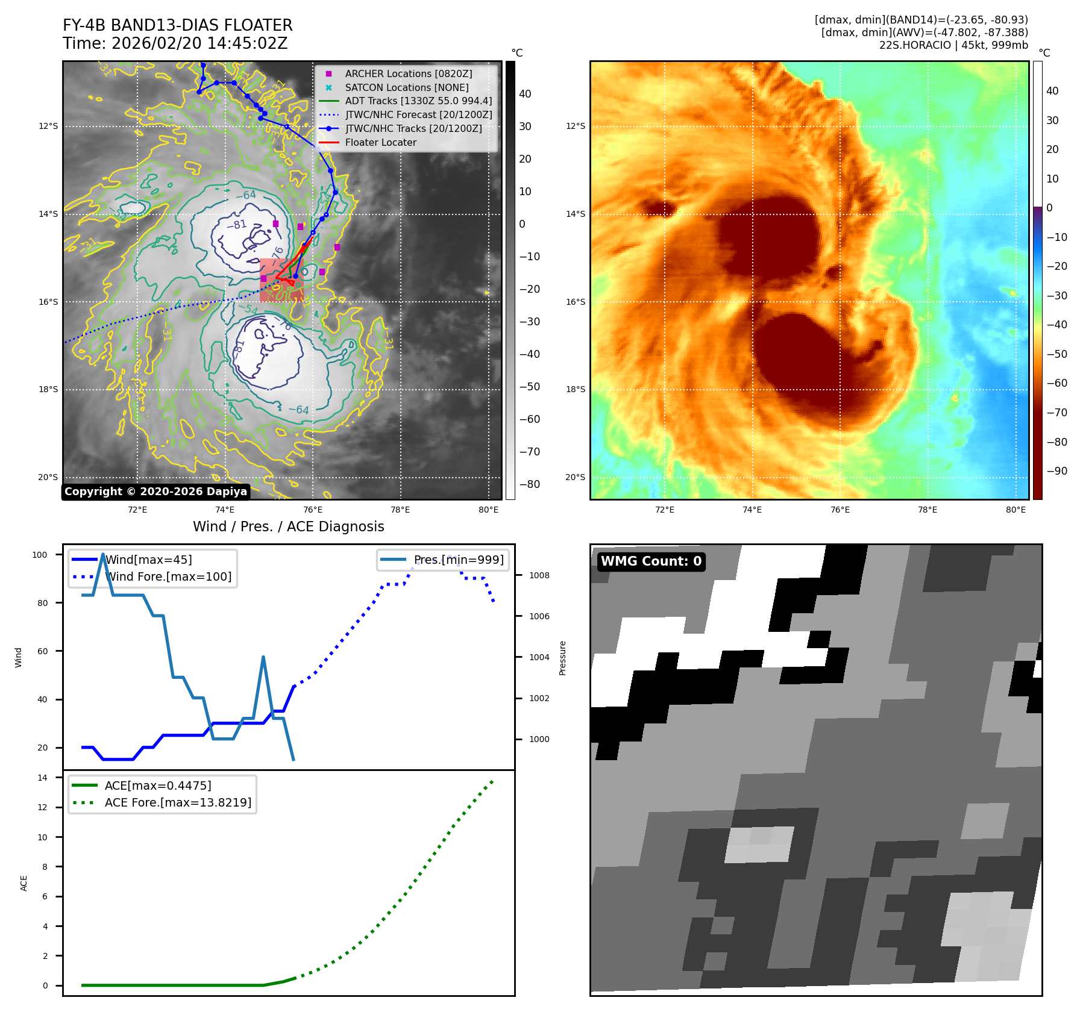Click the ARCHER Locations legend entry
[408, 73]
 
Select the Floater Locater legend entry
[380, 142]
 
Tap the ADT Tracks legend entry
[418, 101]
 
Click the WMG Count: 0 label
[651, 561]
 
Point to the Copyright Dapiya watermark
[155, 491]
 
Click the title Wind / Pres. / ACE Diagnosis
[288, 526]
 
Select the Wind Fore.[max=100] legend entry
[168, 576]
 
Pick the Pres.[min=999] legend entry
[458, 560]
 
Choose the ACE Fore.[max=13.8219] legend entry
[178, 802]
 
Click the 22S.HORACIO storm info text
[953, 45]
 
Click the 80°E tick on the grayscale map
[488, 510]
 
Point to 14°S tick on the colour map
[575, 214]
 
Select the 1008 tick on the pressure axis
[539, 575]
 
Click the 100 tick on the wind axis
[40, 555]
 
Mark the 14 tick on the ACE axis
[42, 778]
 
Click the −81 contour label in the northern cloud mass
[236, 225]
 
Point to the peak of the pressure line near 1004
[263, 657]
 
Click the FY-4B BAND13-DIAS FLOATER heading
[177, 25]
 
